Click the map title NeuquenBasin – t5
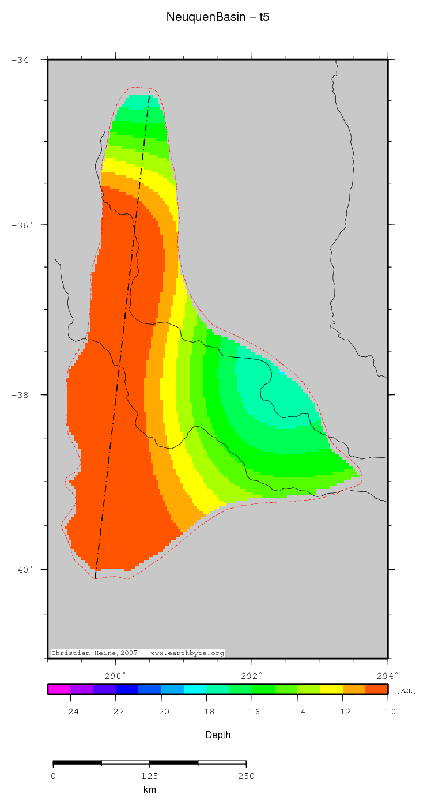(218, 17)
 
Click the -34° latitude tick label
(22, 59)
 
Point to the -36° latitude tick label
(22, 225)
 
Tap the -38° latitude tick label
(22, 395)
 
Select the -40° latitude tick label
(22, 570)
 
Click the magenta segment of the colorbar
(59, 689)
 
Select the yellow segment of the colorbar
(331, 689)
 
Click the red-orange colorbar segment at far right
(377, 689)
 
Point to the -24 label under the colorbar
(70, 712)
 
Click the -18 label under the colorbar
(206, 712)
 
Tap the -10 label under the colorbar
(387, 712)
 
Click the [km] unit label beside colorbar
(406, 690)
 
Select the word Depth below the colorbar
(218, 735)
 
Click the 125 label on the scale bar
(149, 776)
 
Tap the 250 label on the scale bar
(246, 776)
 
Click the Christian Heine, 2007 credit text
(137, 653)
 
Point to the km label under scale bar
(149, 790)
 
